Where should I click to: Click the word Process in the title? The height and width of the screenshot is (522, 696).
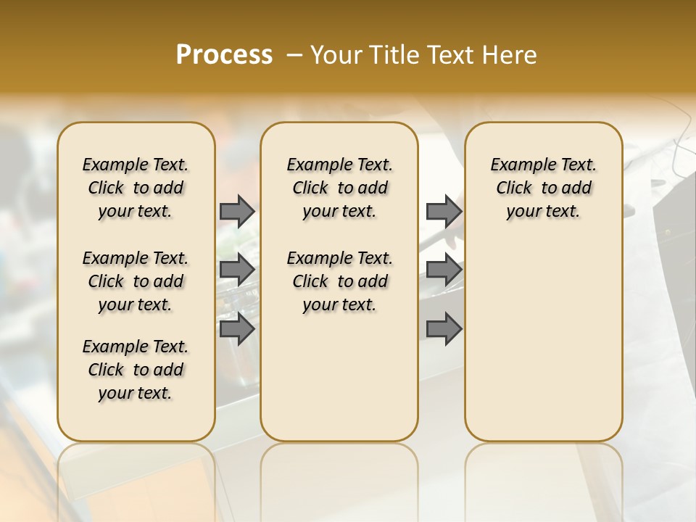224,55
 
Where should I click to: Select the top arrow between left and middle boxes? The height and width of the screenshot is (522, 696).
237,211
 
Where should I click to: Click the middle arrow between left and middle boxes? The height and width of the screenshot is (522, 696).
237,270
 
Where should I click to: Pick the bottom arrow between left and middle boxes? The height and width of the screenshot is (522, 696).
237,329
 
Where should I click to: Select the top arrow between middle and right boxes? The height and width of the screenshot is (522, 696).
444,211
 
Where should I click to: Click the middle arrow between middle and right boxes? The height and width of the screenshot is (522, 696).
444,270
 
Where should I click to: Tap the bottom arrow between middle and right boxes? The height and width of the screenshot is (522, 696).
444,329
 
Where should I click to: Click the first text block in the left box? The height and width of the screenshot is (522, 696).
136,188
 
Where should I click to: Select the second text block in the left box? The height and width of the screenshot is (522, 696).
136,281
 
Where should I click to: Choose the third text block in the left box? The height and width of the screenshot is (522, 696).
136,370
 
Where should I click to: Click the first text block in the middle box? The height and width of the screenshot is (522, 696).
339,188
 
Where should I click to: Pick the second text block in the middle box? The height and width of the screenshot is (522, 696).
339,281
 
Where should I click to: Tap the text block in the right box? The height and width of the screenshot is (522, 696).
543,188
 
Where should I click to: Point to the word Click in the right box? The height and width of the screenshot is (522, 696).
514,188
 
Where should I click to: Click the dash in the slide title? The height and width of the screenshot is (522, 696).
294,55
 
